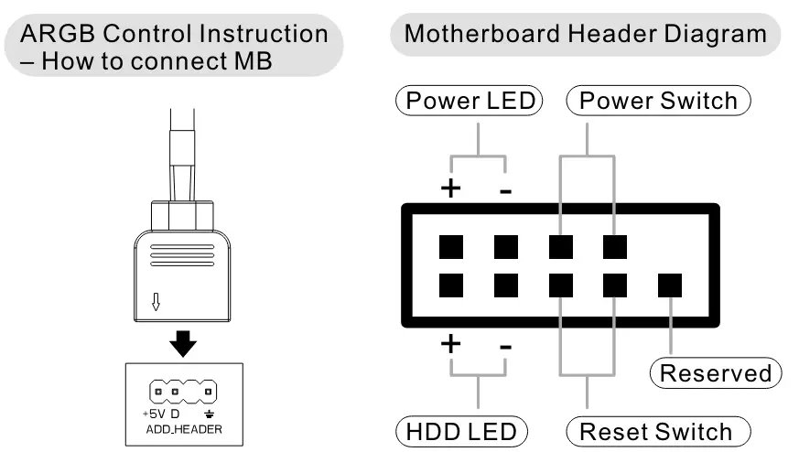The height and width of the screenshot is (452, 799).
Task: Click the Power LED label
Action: pyautogui.click(x=470, y=100)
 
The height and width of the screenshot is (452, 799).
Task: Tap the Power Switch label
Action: pyautogui.click(x=659, y=100)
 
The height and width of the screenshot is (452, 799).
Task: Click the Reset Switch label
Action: pyautogui.click(x=658, y=430)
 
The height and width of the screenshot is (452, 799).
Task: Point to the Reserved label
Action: pyautogui.click(x=716, y=372)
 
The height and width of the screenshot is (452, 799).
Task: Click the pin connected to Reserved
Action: pyautogui.click(x=670, y=285)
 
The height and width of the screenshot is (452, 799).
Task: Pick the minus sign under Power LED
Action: pyautogui.click(x=505, y=190)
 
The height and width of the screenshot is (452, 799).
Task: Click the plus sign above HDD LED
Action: pyautogui.click(x=450, y=346)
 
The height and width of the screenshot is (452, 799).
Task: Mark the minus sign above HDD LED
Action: pyautogui.click(x=505, y=348)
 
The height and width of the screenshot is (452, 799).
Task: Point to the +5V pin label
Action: pyautogui.click(x=153, y=413)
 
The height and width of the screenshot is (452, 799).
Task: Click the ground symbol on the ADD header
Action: pyautogui.click(x=210, y=414)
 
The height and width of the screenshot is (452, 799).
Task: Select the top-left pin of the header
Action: pyautogui.click(x=450, y=246)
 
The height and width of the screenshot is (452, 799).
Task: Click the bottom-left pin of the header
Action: pyautogui.click(x=450, y=285)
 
